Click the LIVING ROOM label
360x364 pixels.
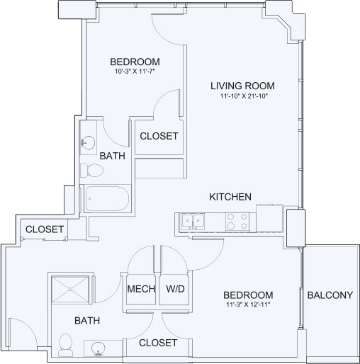coord(242,86)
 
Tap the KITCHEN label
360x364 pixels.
coord(230,197)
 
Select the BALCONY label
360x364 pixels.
coord(330,295)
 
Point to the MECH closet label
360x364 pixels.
coord(141,289)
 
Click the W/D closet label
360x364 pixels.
coord(175,289)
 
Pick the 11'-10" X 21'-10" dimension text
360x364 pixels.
coord(244,96)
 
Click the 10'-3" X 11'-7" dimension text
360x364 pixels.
coord(135,71)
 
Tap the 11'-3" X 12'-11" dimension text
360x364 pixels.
coord(248,305)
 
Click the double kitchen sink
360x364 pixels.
coord(193,222)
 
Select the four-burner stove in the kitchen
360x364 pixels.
coord(237,222)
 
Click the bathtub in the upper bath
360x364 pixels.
coord(107,198)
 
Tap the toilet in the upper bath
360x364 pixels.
coord(91,170)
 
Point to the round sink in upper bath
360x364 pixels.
coord(88,143)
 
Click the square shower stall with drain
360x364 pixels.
coord(70,289)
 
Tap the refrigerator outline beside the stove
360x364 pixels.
coord(269,217)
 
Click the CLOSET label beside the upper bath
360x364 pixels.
coord(159,136)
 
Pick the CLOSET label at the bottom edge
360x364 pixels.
coord(158,343)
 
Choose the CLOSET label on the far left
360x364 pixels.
coord(45,229)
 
